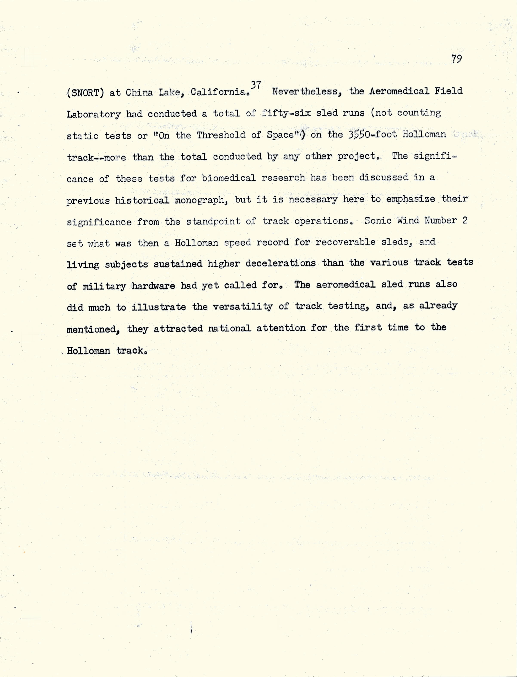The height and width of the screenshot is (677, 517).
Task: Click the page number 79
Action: (457, 59)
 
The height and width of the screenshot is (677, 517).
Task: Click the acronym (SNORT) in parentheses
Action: (85, 92)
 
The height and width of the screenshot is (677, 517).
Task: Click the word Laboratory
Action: (94, 114)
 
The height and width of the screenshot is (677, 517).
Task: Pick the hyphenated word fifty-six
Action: (286, 113)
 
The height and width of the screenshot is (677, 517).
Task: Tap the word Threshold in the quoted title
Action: (221, 135)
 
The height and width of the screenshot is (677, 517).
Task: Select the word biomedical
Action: (229, 178)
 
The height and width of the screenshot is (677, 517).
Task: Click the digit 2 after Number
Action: (465, 220)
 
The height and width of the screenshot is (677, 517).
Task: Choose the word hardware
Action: (153, 286)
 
